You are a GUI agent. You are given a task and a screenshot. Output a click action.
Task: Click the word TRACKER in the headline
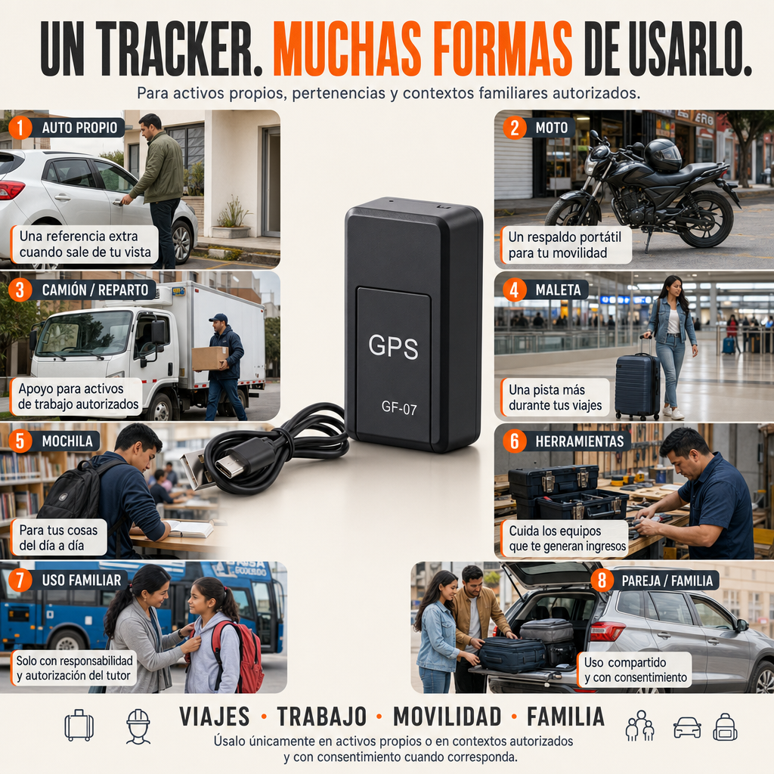179,49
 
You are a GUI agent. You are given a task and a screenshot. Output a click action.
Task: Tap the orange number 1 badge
20,128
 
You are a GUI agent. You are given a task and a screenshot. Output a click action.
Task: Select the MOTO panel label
551,128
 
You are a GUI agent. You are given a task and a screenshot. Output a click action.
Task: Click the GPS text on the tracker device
393,346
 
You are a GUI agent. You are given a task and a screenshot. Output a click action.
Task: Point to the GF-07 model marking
399,407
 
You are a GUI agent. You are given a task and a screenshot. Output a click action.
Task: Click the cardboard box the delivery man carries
209,358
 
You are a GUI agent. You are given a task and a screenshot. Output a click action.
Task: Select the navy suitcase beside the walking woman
637,385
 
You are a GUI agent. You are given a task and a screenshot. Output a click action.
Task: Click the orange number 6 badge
514,441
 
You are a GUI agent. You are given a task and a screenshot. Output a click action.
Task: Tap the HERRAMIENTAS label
580,441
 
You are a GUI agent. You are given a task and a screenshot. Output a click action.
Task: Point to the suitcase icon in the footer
79,725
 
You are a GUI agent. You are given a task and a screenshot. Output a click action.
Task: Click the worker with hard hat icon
138,726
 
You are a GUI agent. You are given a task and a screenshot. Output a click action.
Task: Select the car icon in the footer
687,728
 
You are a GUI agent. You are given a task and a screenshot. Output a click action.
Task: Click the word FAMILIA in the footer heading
565,717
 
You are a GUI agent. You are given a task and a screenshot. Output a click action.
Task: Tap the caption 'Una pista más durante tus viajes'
555,398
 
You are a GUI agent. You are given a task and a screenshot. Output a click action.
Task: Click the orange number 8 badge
602,580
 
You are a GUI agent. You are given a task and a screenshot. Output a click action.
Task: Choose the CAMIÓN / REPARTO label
94,289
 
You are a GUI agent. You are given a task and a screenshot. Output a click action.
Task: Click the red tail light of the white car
11,189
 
